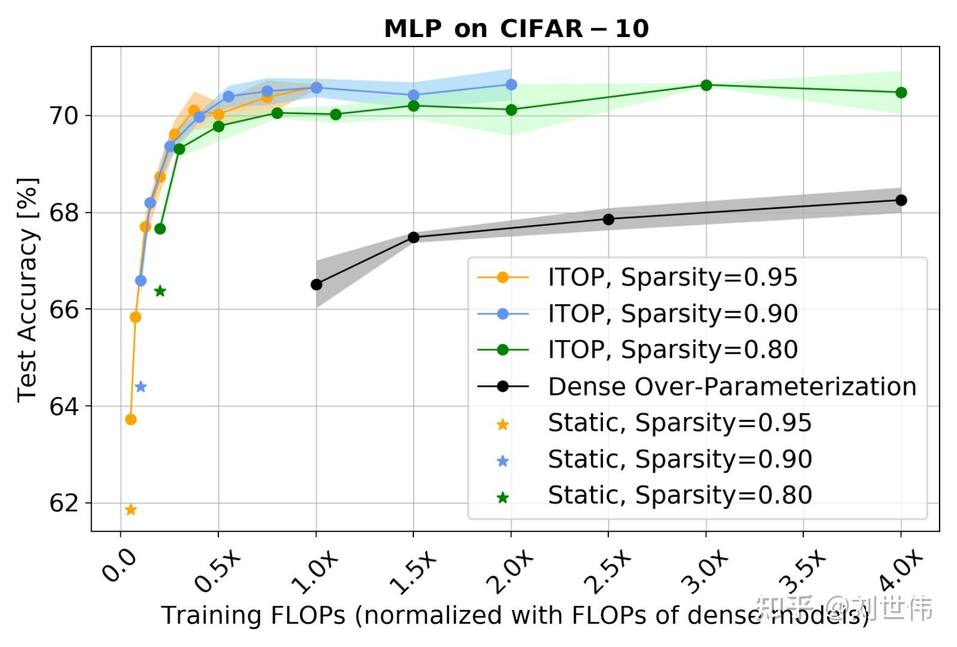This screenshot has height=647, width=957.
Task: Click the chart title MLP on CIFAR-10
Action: click(x=516, y=28)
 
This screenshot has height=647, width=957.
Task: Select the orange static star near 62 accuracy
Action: click(x=131, y=510)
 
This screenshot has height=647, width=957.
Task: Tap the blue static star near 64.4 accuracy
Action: click(x=141, y=387)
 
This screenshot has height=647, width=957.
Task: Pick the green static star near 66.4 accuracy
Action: click(x=160, y=292)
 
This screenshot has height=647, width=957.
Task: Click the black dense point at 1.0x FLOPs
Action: click(x=316, y=284)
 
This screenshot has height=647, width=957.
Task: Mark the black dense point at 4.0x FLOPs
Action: click(x=901, y=200)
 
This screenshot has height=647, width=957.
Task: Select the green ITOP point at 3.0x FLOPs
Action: click(x=706, y=85)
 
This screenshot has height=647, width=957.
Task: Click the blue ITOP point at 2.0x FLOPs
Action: click(x=511, y=85)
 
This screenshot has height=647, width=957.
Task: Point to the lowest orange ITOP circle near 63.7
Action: click(x=131, y=419)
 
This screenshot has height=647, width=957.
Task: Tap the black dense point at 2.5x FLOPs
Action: click(x=608, y=219)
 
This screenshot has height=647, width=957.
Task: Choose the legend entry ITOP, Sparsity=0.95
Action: click(x=672, y=277)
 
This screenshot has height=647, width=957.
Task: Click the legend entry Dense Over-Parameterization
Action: click(x=732, y=387)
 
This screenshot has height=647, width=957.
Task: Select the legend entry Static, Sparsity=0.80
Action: click(x=679, y=495)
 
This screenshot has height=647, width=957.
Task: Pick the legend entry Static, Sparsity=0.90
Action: click(x=679, y=459)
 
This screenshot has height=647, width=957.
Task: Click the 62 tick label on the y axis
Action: click(x=64, y=504)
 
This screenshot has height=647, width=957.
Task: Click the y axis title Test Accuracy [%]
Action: click(x=28, y=289)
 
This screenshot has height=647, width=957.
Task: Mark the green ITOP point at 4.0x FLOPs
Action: click(x=901, y=93)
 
